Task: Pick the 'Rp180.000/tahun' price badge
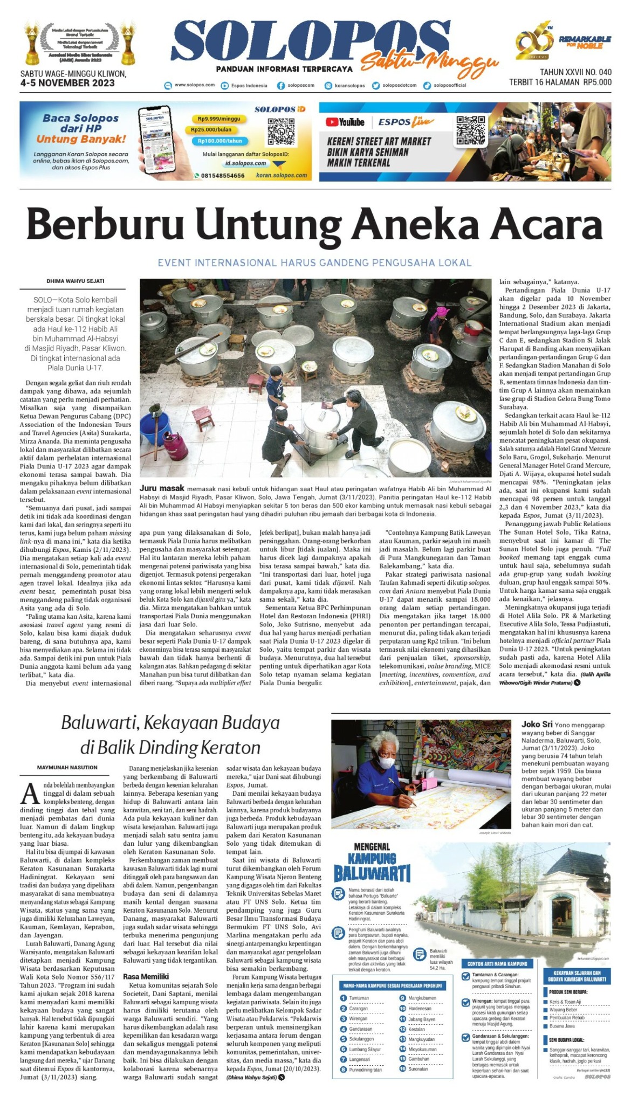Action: point(220,141)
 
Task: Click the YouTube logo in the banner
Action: point(345,122)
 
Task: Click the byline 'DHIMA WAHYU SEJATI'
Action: point(76,281)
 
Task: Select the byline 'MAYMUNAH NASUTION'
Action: point(67,767)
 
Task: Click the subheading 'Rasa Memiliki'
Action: point(146,976)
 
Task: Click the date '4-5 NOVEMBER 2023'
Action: point(67,83)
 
